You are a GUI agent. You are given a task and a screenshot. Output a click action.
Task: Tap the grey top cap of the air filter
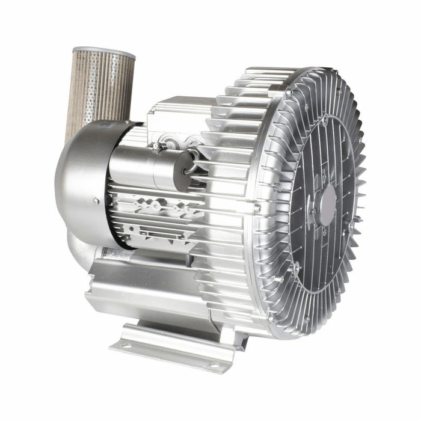tap(103, 53)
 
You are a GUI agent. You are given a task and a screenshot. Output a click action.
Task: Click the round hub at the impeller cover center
tap(327, 205)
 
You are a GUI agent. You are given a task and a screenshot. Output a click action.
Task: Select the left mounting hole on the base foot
tap(126, 344)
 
